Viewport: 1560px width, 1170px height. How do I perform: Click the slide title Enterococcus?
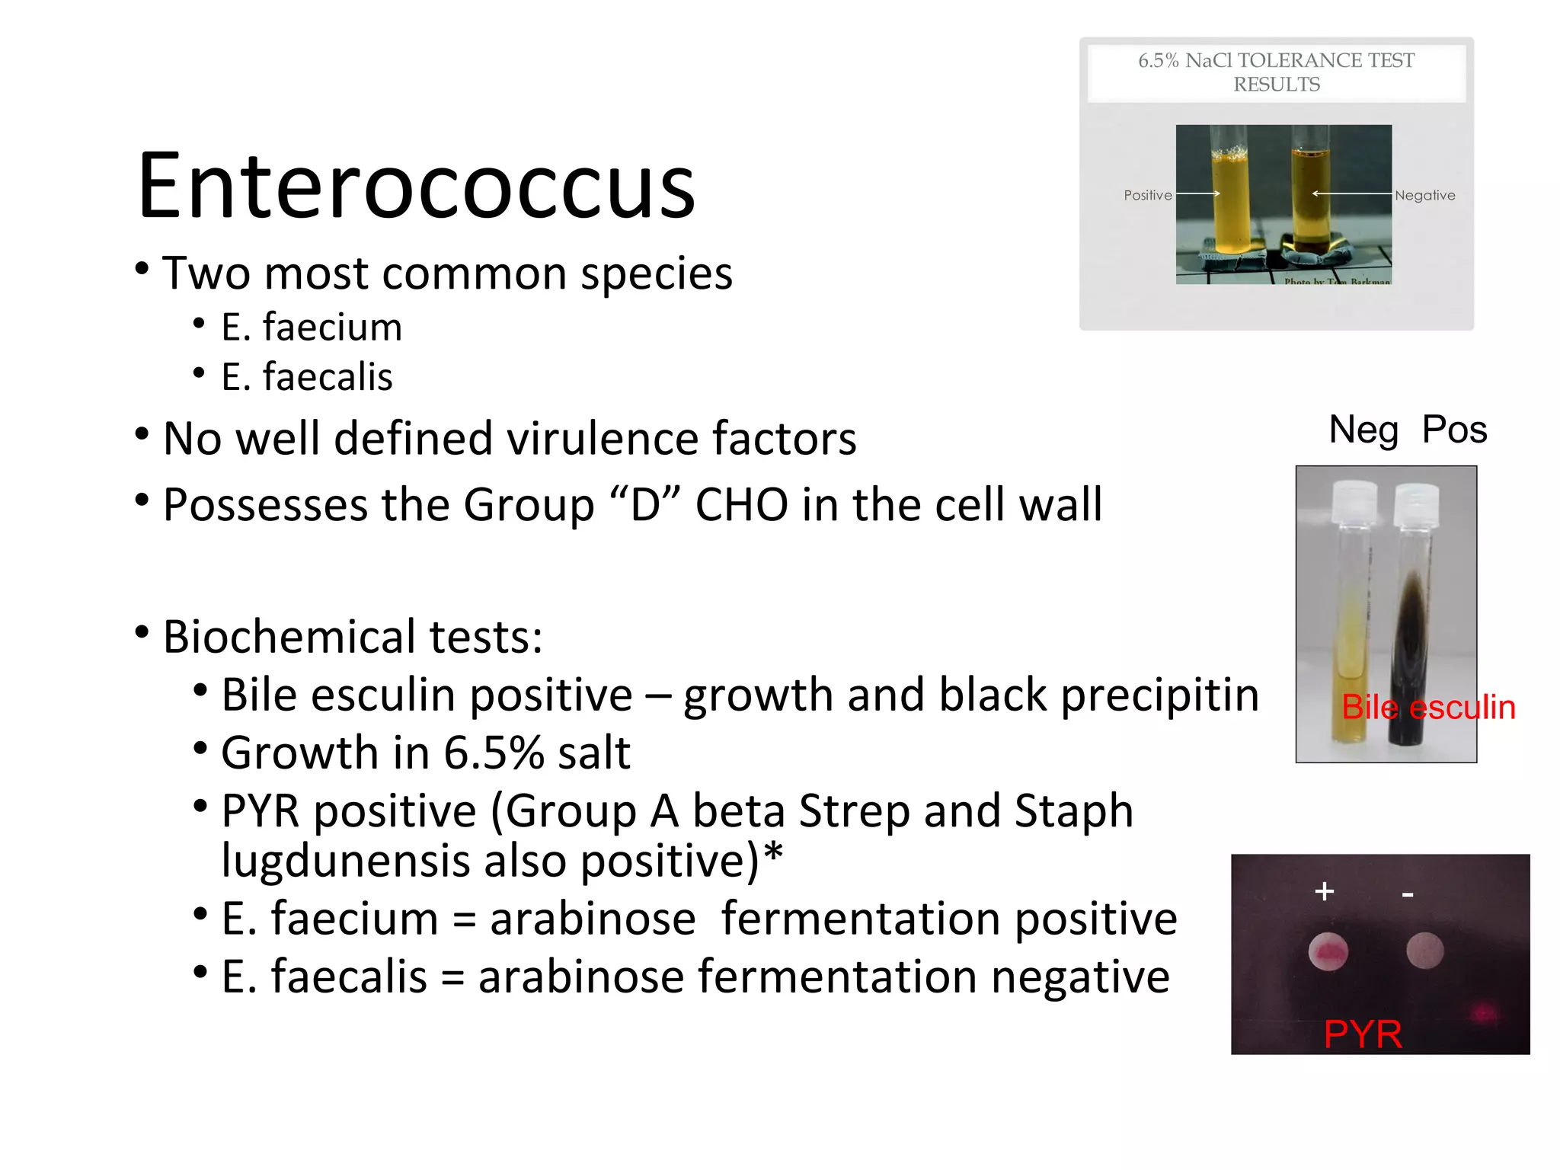pyautogui.click(x=416, y=187)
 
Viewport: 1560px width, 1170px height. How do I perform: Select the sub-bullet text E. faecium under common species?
pyautogui.click(x=311, y=328)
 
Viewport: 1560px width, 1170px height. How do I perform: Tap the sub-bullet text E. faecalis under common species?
pyautogui.click(x=306, y=377)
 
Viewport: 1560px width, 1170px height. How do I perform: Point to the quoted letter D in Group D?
pyautogui.click(x=645, y=505)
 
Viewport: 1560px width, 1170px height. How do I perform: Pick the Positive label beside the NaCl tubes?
pyautogui.click(x=1147, y=195)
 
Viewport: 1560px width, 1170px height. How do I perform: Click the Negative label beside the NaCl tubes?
pyautogui.click(x=1424, y=195)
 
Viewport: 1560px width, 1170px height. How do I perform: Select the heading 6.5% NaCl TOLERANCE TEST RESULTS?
pyautogui.click(x=1276, y=72)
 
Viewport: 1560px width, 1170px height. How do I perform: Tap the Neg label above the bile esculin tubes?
pyautogui.click(x=1363, y=430)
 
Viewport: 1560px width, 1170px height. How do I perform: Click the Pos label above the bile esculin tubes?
pyautogui.click(x=1454, y=430)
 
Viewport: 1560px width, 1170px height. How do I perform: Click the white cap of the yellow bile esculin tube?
pyautogui.click(x=1354, y=503)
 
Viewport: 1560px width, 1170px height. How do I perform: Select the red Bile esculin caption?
pyautogui.click(x=1427, y=708)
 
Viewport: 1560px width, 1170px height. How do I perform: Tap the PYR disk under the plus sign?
pyautogui.click(x=1328, y=951)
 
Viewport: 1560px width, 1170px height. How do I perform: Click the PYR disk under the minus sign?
pyautogui.click(x=1424, y=951)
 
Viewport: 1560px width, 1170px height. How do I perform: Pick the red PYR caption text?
pyautogui.click(x=1363, y=1034)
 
